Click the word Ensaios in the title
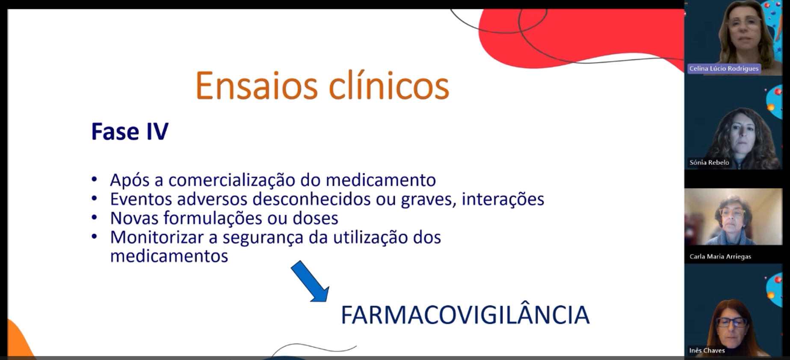pyautogui.click(x=256, y=86)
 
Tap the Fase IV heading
pyautogui.click(x=130, y=131)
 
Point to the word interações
pyautogui.click(x=503, y=199)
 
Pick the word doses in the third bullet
pyautogui.click(x=315, y=218)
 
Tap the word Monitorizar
pyautogui.click(x=157, y=237)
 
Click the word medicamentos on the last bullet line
pyautogui.click(x=169, y=256)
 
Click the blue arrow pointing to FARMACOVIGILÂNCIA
pyautogui.click(x=310, y=281)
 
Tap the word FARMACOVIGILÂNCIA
pyautogui.click(x=465, y=315)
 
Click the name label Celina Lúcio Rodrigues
pyautogui.click(x=724, y=68)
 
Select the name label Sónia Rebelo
pyautogui.click(x=709, y=162)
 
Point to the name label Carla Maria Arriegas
pyautogui.click(x=720, y=257)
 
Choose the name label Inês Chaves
pyautogui.click(x=707, y=351)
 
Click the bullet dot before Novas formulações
pyautogui.click(x=94, y=218)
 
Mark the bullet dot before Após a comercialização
pyautogui.click(x=94, y=180)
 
